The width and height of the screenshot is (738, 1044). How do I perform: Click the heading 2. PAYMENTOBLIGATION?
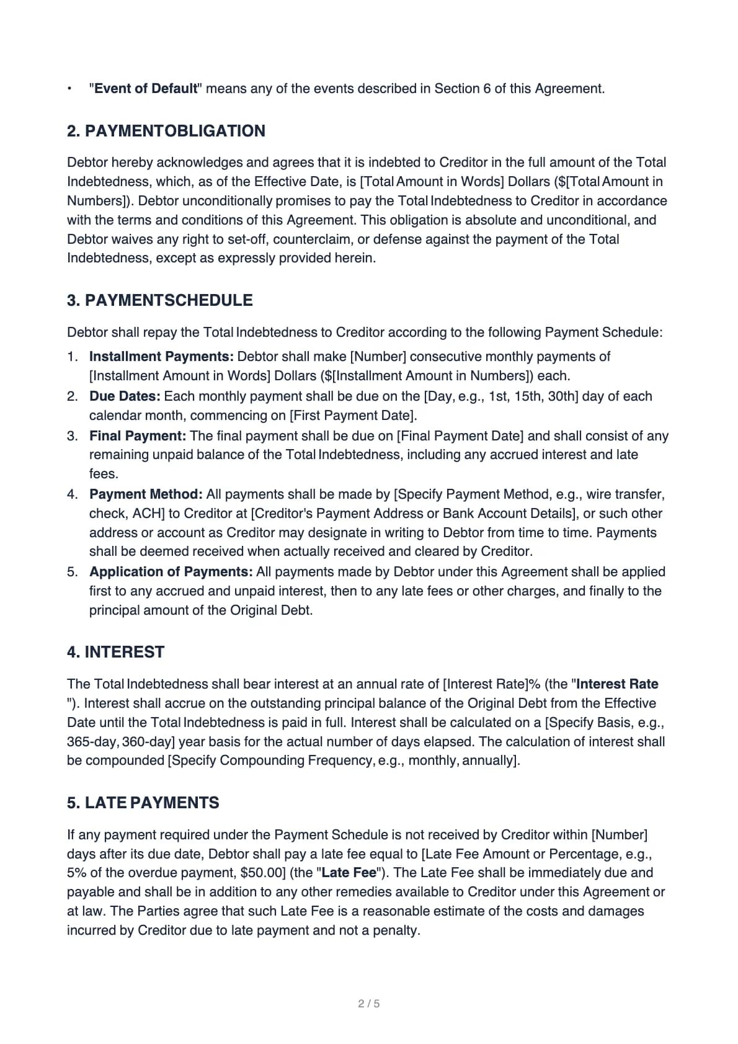pos(166,131)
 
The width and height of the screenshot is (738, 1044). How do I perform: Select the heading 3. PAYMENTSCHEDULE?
pos(159,300)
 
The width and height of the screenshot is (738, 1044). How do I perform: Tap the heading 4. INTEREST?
pos(115,652)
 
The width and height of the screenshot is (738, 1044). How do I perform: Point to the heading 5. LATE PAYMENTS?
pos(143,803)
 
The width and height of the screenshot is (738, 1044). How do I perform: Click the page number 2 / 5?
pos(369,1004)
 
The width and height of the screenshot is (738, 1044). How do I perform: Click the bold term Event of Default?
pos(146,89)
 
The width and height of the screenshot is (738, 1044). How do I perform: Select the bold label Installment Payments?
pos(161,357)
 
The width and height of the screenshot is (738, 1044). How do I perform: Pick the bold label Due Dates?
pos(125,396)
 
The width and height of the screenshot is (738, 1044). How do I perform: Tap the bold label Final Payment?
pos(138,436)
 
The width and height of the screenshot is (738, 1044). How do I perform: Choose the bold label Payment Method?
pos(146,494)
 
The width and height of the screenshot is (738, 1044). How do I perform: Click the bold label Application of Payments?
pos(171,572)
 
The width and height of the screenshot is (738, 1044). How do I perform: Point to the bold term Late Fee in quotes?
pos(349,873)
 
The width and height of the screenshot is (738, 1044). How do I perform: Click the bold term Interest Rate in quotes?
pos(617,684)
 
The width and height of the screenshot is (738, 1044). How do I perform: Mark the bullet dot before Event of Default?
pos(70,89)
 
